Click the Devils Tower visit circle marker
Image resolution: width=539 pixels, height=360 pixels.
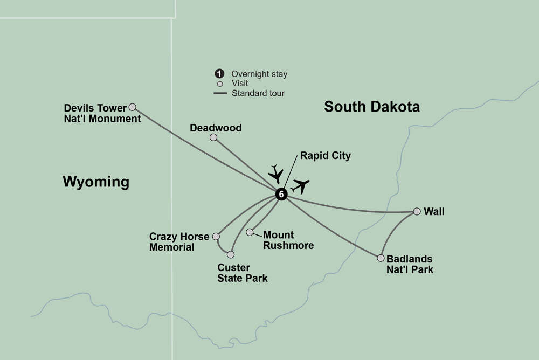(132, 107)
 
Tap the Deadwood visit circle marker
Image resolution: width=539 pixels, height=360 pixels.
(213, 137)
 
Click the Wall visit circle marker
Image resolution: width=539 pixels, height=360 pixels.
(417, 212)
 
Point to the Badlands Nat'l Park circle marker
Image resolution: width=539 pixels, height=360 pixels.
(381, 258)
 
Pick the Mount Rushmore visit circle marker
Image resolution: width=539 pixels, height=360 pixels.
(250, 232)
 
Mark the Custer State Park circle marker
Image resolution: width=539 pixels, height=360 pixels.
(231, 254)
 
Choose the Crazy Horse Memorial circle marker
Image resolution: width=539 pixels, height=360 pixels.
(216, 236)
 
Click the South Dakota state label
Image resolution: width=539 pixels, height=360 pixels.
(371, 107)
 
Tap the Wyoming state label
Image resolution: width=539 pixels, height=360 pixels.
(96, 182)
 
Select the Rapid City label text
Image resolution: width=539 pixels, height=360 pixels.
(325, 156)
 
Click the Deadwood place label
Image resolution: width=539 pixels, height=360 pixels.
(216, 128)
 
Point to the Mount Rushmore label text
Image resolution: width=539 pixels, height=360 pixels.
(288, 240)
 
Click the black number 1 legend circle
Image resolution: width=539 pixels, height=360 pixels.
(219, 74)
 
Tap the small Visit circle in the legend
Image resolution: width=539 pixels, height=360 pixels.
(219, 84)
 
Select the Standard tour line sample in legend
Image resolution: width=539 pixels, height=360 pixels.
(220, 93)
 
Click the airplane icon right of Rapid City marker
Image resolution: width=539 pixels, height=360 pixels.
(300, 186)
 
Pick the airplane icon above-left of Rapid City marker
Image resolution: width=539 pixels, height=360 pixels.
(275, 173)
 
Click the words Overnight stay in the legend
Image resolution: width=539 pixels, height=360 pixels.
(259, 74)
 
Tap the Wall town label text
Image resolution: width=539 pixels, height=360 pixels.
(434, 212)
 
